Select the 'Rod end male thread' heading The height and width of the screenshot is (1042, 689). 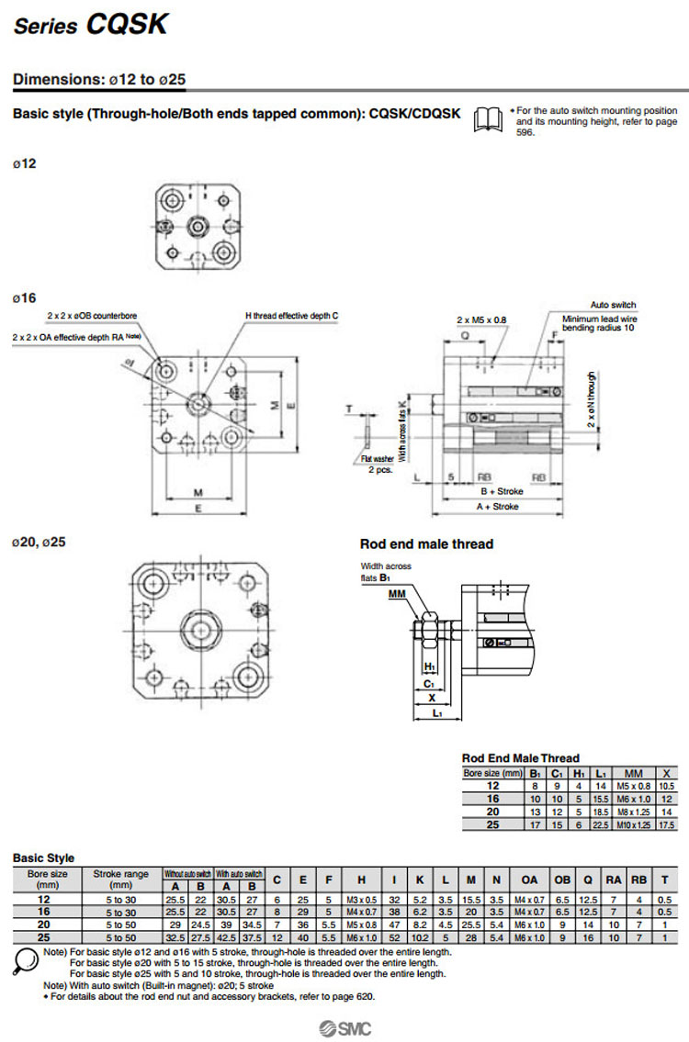pos(426,544)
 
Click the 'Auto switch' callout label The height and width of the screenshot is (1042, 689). pos(612,305)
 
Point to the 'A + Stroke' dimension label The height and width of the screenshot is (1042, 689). pos(497,507)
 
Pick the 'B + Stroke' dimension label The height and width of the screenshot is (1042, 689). pos(502,491)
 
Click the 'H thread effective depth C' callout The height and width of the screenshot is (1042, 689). pos(291,316)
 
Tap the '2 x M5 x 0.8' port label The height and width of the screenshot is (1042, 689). pos(481,319)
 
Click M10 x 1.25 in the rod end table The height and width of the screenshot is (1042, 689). pos(632,825)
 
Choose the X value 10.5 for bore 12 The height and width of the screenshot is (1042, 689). pos(667,787)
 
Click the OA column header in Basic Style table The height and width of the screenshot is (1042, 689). pos(529,879)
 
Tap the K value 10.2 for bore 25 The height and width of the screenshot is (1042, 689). pos(419,938)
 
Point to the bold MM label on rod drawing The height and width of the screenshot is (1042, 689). pos(397,595)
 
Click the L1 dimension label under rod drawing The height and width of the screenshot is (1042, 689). pos(438,713)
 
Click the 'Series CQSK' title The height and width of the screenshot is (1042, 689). pos(90,26)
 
